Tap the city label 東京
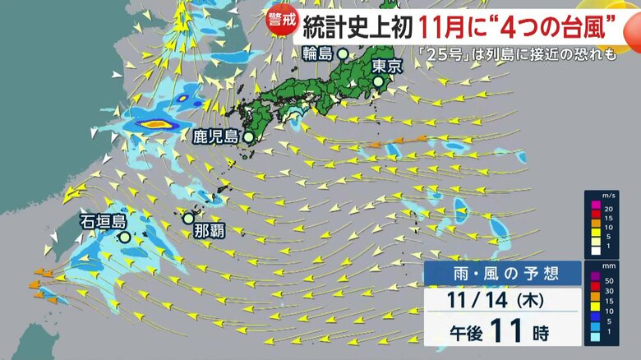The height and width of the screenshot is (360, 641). coord(386,67)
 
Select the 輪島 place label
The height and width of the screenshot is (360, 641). coord(319,54)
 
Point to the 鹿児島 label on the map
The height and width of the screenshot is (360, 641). coord(214,137)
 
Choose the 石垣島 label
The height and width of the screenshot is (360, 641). coord(103,221)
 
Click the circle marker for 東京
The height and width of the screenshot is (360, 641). coord(379,82)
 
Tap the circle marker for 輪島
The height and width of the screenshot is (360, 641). coord(343,54)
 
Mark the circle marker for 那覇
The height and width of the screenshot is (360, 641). coord(188,218)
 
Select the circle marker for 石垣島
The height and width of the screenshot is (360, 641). coord(123,237)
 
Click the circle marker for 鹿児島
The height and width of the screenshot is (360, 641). coord(247,138)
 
